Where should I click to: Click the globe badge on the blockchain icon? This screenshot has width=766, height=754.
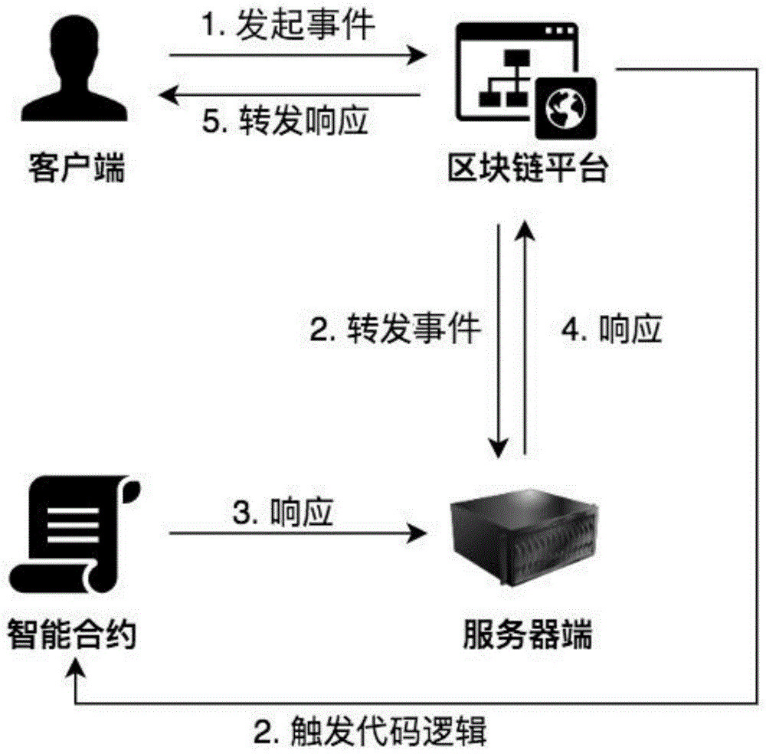pos(565,108)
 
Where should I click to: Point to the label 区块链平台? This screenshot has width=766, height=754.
pos(529,169)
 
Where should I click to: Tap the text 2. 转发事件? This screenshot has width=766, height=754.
pos(394,330)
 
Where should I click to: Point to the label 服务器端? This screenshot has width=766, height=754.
pos(529,635)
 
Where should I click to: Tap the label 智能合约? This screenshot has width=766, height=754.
pos(72,635)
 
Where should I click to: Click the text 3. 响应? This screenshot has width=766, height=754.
pos(283,513)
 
